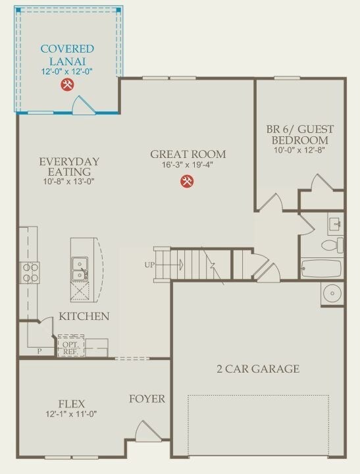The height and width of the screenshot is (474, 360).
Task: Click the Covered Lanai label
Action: click(67, 55)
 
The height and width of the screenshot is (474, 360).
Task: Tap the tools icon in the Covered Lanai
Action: click(67, 85)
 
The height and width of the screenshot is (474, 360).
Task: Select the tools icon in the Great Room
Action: click(187, 182)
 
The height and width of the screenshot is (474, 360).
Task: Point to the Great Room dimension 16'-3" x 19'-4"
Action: click(188, 165)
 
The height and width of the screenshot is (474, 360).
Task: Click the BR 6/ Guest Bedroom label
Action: click(300, 134)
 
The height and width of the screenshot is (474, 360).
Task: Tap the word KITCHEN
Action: click(84, 316)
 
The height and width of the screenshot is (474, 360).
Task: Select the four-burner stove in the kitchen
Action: click(30, 273)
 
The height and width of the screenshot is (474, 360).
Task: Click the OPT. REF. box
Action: click(70, 346)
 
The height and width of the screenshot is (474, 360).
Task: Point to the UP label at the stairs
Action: click(149, 265)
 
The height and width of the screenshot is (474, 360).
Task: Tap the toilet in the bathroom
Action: click(332, 245)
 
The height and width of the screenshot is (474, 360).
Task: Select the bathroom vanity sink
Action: click(336, 224)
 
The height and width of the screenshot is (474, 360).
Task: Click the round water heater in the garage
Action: click(332, 293)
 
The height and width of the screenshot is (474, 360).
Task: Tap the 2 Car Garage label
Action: click(258, 369)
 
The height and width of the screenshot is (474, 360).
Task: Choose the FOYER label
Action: click(147, 399)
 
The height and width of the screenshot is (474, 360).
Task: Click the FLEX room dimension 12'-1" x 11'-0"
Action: click(71, 414)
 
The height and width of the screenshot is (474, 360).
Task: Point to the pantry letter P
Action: click(39, 352)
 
